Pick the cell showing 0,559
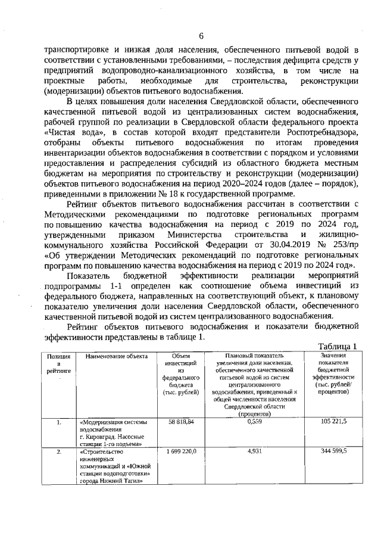[254, 421]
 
